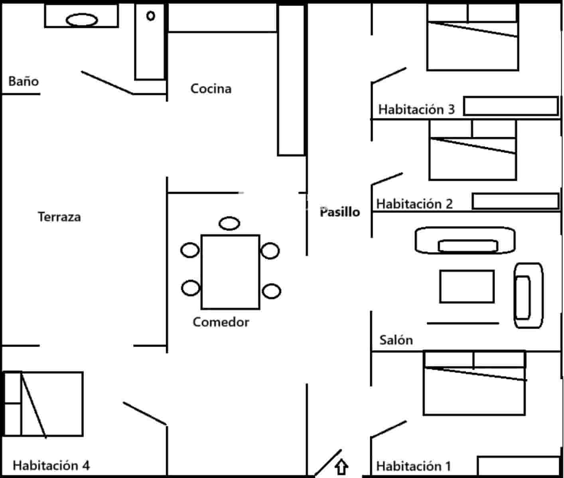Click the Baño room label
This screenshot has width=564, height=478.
24,82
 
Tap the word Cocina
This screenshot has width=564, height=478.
211,88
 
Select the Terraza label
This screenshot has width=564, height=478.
59,217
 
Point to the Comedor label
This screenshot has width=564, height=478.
221,322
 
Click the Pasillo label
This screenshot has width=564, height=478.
340,212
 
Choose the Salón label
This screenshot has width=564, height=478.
396,340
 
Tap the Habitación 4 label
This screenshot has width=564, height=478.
51,465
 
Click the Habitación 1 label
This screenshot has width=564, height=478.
413,466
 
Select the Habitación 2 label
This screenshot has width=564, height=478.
414,204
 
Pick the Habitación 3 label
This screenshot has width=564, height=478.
416,110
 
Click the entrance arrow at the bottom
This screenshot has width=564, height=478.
341,467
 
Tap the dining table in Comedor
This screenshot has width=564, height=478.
230,272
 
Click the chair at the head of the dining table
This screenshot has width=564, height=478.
229,223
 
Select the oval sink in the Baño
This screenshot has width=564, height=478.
82,20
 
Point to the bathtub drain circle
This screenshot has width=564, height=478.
150,16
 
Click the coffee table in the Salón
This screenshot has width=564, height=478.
467,286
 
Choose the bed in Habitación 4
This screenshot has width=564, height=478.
44,404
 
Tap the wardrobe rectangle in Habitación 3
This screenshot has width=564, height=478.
511,106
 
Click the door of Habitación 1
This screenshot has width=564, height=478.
388,429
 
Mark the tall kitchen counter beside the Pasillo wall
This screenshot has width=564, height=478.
291,80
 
